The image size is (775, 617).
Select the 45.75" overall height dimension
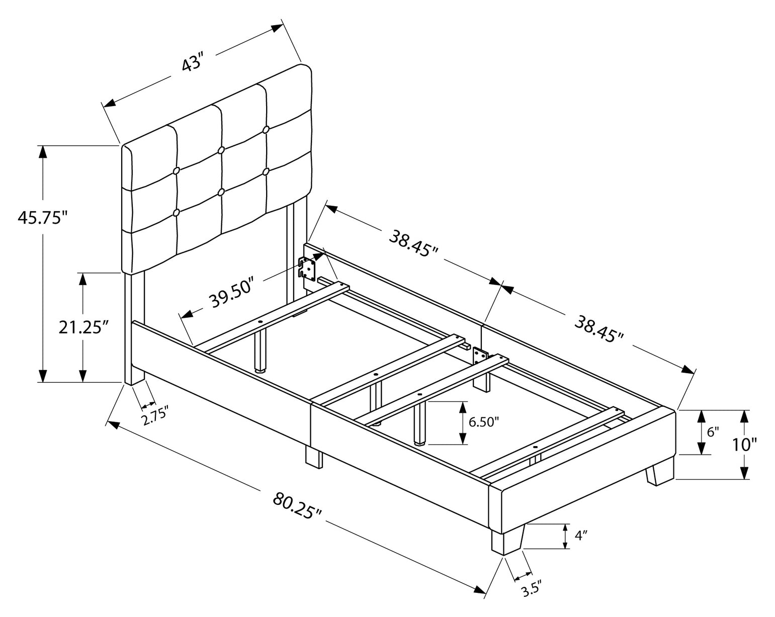pos(43,217)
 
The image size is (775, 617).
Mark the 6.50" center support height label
pos(484,422)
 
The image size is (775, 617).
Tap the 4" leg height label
pos(581,545)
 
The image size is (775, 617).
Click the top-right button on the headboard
pos(266,129)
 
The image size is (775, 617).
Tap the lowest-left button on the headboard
pos(176,213)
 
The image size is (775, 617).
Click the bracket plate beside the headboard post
pos(307,269)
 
